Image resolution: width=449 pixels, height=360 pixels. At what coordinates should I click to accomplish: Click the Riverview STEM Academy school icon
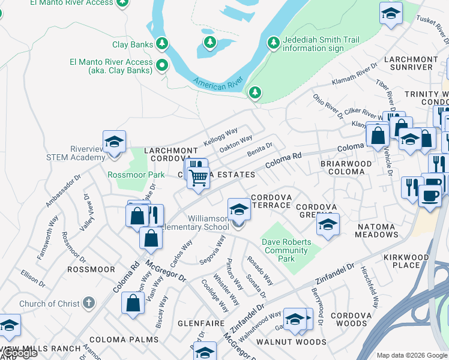click(x=114, y=143)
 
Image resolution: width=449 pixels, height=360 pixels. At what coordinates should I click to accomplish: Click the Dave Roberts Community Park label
click(x=286, y=250)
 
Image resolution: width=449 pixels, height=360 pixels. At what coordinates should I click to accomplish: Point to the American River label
click(x=217, y=83)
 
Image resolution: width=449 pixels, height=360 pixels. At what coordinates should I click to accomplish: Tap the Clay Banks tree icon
click(x=161, y=44)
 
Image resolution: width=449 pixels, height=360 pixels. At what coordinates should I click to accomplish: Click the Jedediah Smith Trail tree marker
click(x=274, y=42)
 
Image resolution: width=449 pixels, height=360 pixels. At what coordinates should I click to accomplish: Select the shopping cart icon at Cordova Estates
click(x=198, y=178)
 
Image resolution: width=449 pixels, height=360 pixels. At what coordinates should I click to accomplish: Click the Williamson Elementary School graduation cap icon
click(x=239, y=210)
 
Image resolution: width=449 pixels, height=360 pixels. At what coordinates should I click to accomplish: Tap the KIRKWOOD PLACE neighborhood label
click(x=406, y=261)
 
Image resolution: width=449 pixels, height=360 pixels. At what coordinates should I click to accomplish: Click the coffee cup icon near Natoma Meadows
click(x=429, y=196)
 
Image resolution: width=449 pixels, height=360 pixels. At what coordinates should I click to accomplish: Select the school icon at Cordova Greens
click(x=327, y=225)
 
